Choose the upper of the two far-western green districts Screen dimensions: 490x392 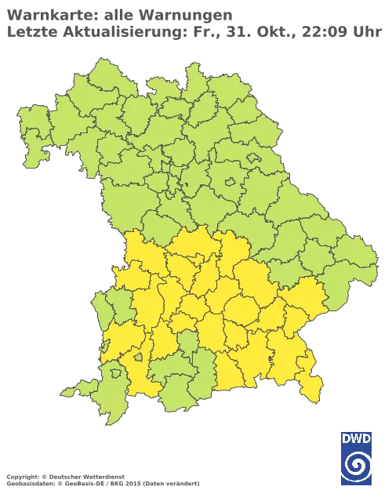[x=32, y=125]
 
